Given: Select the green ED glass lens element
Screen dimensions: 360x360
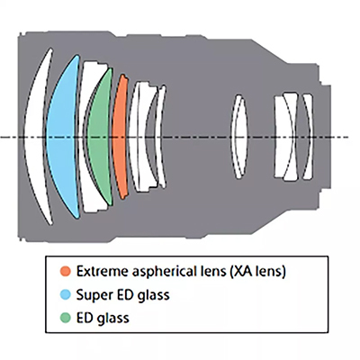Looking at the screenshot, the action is pyautogui.click(x=99, y=137).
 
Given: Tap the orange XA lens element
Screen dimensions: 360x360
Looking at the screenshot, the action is pyautogui.click(x=119, y=137).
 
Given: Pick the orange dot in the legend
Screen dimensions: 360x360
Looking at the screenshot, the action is pyautogui.click(x=65, y=271).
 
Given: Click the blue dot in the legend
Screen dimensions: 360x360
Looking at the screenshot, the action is pyautogui.click(x=65, y=294).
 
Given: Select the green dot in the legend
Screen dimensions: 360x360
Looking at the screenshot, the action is pyautogui.click(x=65, y=318).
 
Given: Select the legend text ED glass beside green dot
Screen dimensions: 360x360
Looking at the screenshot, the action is pyautogui.click(x=103, y=319).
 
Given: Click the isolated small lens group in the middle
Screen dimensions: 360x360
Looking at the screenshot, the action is pyautogui.click(x=239, y=137).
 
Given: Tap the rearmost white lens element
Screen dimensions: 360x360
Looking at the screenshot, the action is pyautogui.click(x=308, y=137).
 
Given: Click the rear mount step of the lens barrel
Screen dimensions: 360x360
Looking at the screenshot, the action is pyautogui.click(x=326, y=137).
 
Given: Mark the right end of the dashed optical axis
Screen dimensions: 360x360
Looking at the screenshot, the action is pyautogui.click(x=348, y=138).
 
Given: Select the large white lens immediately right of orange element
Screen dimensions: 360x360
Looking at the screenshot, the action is pyautogui.click(x=137, y=137).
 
